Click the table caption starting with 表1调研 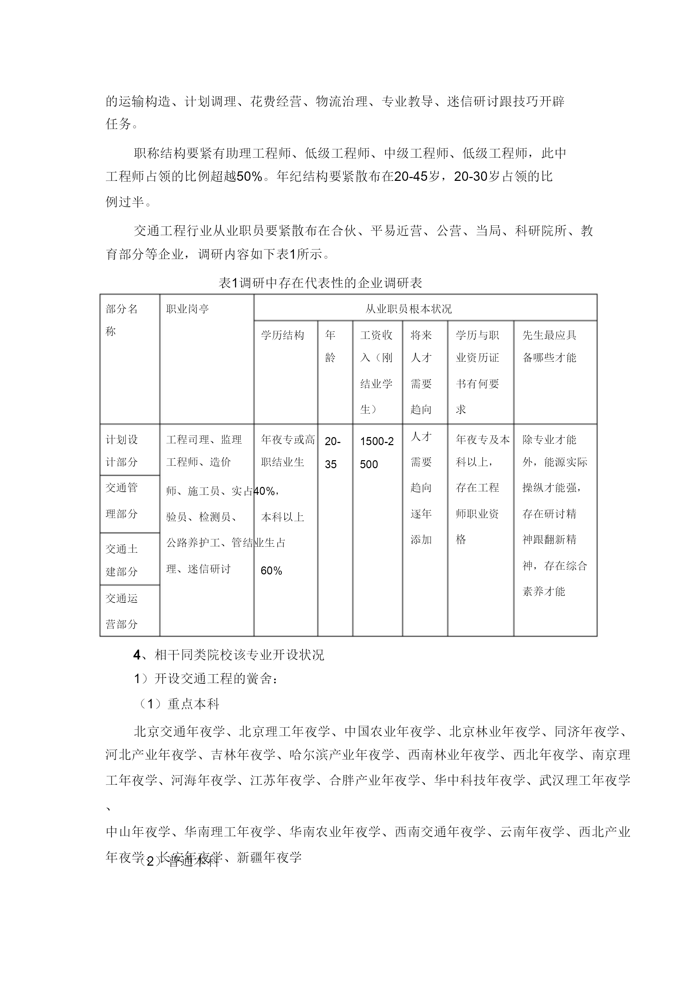click(320, 283)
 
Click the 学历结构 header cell click(282, 335)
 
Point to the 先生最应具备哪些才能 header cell click(549, 346)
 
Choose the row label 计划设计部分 click(122, 450)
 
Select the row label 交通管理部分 click(122, 500)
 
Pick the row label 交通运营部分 click(122, 611)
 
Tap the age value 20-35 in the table click(332, 453)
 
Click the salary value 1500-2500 click(377, 453)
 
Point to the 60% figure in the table click(271, 571)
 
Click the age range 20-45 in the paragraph click(411, 176)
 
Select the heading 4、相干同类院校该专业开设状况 click(228, 655)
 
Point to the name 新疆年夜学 click(269, 857)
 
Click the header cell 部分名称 click(122, 320)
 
